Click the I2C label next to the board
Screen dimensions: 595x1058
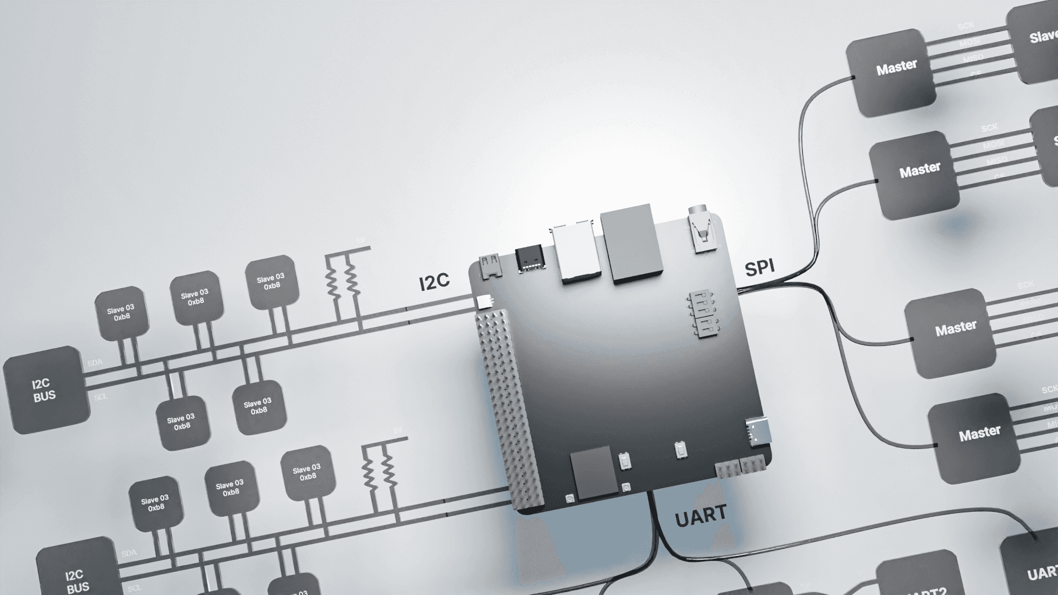[434, 282]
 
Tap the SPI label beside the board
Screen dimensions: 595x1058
[759, 268]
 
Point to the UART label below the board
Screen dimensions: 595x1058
[700, 516]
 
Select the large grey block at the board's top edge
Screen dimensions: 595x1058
[631, 243]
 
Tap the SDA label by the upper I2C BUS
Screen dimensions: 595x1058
[94, 364]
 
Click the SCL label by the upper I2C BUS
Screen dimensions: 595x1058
[100, 397]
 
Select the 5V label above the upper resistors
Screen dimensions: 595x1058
[361, 241]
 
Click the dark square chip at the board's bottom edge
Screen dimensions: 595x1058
[594, 473]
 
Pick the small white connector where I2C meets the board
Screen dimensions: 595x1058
[484, 301]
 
